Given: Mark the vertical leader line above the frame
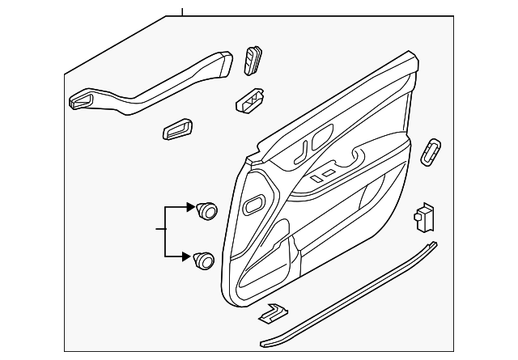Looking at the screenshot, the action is [x=183, y=11].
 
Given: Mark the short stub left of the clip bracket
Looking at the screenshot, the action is [x=159, y=231].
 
